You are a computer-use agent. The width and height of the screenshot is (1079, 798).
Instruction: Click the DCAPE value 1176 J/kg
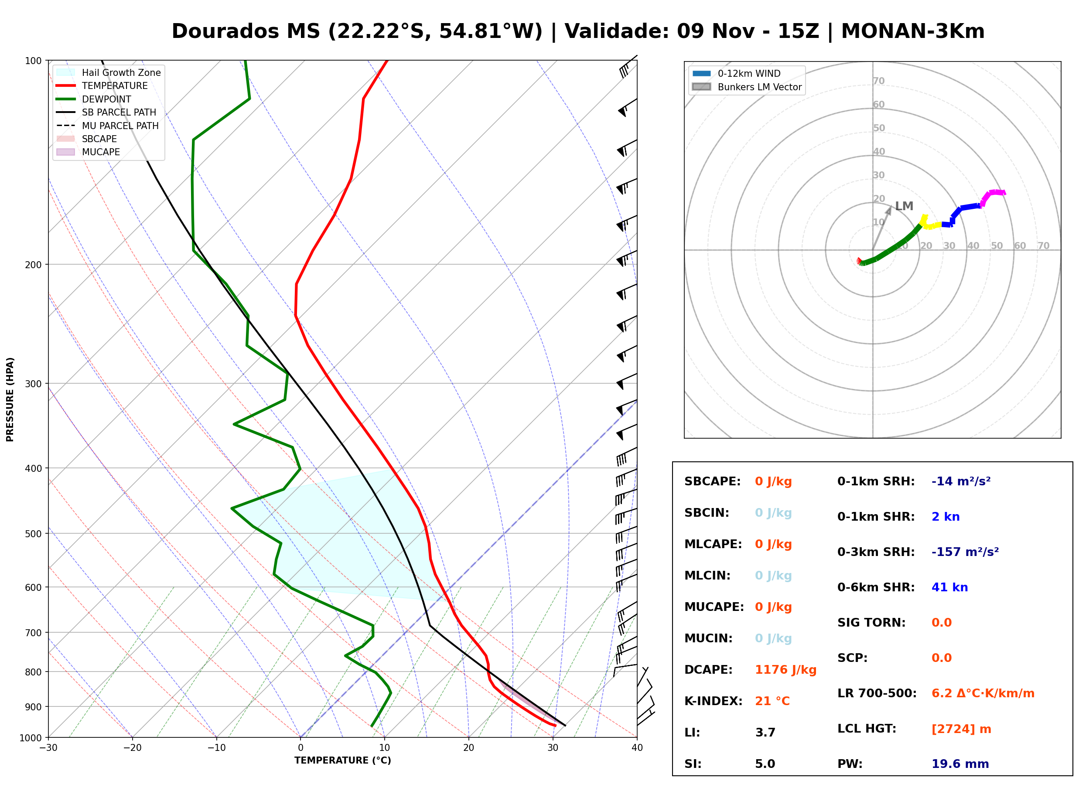[x=785, y=670]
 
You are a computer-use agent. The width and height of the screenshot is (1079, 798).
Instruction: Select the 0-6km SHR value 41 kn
[x=949, y=587]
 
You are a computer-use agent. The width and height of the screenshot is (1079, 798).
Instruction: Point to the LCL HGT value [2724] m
[x=961, y=729]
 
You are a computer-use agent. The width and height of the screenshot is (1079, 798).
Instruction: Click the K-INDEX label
[x=714, y=701]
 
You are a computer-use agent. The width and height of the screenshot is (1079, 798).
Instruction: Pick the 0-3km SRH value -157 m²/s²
[x=965, y=552]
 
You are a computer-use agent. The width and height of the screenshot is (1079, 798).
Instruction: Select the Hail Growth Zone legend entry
[x=108, y=72]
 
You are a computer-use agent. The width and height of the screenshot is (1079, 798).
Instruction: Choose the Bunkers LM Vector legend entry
[x=747, y=87]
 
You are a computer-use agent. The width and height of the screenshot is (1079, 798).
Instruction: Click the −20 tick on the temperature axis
[x=132, y=748]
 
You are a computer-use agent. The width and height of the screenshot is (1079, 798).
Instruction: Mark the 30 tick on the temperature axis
[x=553, y=748]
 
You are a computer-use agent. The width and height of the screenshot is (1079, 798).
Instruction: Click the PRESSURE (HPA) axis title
[x=10, y=399]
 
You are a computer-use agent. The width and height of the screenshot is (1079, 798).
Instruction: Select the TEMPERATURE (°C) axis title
[x=342, y=760]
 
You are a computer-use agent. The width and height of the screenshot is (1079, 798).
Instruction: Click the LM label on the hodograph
[x=904, y=206]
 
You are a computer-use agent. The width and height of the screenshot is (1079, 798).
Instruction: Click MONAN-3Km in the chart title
[x=912, y=31]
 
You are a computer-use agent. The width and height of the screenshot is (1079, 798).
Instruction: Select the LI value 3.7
[x=765, y=733]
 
